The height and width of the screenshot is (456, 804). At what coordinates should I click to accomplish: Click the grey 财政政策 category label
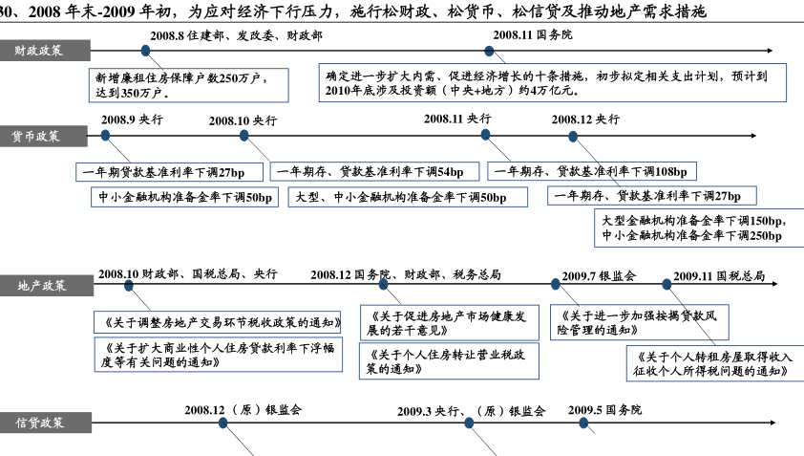(45, 51)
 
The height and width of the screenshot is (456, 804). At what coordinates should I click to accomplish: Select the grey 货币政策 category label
(44, 136)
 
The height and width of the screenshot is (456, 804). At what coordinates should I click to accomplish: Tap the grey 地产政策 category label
(47, 286)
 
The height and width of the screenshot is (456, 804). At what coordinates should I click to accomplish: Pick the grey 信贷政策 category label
(46, 423)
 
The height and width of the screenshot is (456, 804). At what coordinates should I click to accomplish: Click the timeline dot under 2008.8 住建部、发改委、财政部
(146, 51)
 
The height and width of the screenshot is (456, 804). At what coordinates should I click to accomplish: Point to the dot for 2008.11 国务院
(489, 51)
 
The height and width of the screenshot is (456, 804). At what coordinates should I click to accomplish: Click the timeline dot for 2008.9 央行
(106, 136)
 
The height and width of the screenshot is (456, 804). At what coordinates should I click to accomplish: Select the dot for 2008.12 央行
(573, 137)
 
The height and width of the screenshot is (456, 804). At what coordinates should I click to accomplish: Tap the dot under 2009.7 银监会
(556, 284)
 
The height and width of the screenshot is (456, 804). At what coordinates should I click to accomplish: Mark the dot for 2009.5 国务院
(583, 423)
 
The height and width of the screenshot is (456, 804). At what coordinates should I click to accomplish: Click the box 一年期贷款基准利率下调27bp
(169, 172)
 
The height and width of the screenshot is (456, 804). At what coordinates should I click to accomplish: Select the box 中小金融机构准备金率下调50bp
(184, 197)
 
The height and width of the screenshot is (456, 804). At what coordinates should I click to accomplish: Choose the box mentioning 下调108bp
(592, 171)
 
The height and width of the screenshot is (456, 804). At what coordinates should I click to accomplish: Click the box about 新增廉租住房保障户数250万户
(189, 85)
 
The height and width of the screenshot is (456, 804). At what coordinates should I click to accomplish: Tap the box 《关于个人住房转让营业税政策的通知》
(449, 361)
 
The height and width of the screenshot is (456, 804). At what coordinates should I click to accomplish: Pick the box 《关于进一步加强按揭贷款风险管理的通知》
(640, 322)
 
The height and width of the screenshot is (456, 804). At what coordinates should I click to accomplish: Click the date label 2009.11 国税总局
(719, 276)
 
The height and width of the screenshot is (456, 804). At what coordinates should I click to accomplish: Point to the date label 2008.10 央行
(243, 120)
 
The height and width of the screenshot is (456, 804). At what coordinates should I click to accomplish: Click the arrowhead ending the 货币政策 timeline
(753, 136)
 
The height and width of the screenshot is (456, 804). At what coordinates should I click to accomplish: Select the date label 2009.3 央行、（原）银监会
(471, 411)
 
